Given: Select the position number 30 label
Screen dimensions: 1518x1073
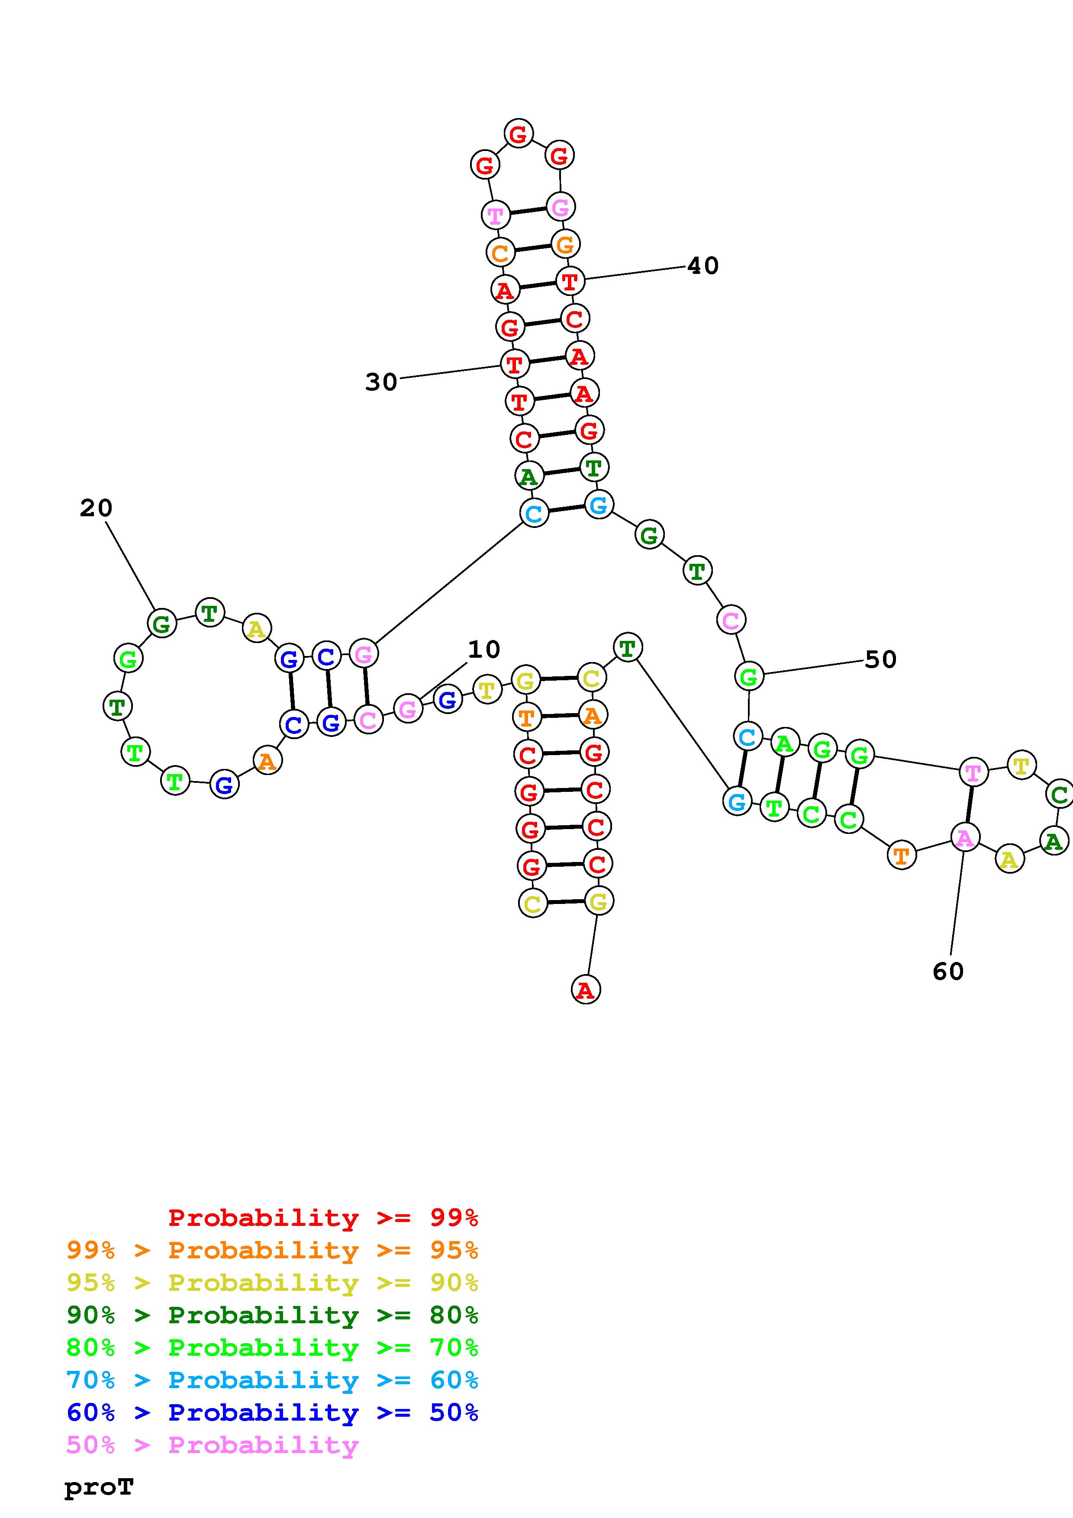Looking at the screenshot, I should tap(381, 382).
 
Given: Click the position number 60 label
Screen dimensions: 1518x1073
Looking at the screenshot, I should tap(948, 971).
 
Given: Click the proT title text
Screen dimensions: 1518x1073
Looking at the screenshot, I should tap(99, 1488).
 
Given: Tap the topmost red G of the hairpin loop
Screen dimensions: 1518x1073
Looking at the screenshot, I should tap(518, 134).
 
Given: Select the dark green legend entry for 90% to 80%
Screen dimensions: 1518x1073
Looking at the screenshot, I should tap(272, 1315).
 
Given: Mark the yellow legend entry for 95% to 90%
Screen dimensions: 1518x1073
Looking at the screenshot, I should tap(272, 1283).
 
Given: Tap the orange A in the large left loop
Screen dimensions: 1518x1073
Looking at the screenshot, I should tap(267, 761).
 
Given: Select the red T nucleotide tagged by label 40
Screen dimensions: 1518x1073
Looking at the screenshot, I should tap(569, 282).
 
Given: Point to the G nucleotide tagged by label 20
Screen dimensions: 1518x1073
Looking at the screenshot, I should tap(162, 624).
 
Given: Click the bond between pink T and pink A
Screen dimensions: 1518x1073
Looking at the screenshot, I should tap(969, 804).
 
